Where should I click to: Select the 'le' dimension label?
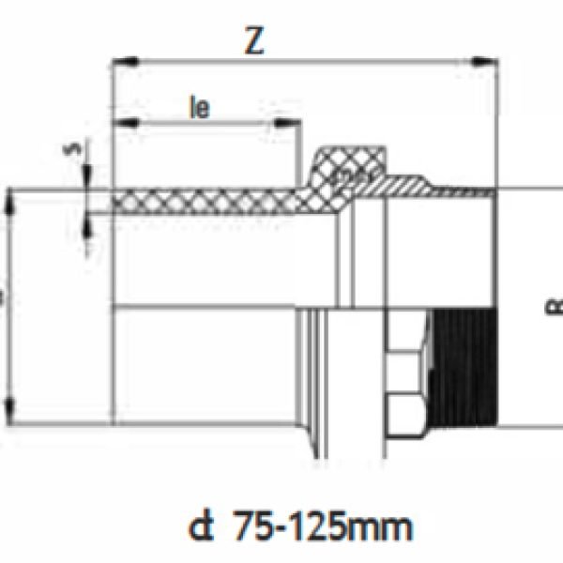[200, 107]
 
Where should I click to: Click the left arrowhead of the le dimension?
[117, 123]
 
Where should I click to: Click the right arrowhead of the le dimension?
[297, 123]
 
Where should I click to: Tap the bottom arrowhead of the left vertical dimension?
[10, 409]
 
